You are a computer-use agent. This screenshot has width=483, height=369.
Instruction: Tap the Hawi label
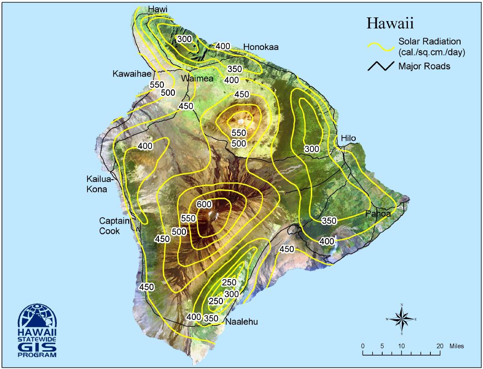click(158, 10)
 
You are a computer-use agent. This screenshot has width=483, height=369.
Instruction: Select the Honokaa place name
click(261, 47)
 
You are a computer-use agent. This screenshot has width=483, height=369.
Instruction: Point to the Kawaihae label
click(132, 74)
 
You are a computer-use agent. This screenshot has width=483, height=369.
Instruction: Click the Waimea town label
click(197, 78)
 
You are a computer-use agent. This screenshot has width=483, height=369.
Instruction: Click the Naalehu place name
click(241, 322)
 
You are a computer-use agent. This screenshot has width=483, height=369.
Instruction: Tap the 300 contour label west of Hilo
click(312, 149)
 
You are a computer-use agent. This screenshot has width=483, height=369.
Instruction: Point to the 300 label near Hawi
click(184, 39)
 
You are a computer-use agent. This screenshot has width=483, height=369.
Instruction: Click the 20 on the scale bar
click(440, 346)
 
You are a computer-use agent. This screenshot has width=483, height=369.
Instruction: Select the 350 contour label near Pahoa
click(329, 220)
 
